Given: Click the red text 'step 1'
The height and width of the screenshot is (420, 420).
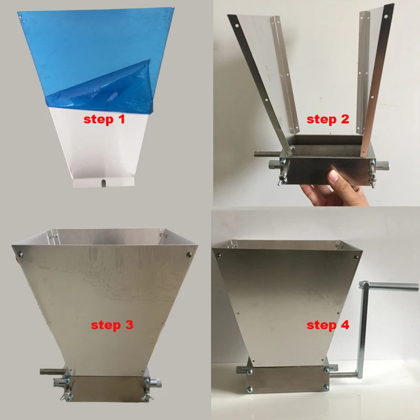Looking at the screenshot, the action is [x=104, y=119].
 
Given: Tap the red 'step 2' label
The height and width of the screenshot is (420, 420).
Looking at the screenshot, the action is [x=328, y=119].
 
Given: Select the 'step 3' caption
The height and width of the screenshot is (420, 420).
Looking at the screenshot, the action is [x=112, y=325].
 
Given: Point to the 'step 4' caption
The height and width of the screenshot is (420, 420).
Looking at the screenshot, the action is [x=328, y=325].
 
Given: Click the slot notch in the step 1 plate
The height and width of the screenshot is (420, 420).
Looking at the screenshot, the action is [x=103, y=183].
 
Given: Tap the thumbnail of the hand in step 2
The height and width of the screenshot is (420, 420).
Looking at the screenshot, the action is [x=333, y=177].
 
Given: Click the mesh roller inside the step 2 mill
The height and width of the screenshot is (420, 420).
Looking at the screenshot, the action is [x=325, y=151].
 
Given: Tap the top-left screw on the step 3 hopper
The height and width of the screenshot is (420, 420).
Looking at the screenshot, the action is [x=19, y=255].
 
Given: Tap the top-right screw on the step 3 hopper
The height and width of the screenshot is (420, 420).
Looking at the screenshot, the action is [x=190, y=255].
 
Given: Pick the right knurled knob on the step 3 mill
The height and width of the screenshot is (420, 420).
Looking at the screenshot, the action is [x=156, y=384].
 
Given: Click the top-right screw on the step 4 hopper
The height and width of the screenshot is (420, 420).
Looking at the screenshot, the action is [x=356, y=258].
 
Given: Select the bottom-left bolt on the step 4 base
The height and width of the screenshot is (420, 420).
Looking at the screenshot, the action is [x=249, y=389].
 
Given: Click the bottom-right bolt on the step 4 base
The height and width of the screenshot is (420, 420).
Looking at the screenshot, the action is [x=326, y=387].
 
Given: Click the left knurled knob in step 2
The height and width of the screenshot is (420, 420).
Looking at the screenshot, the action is [x=274, y=164].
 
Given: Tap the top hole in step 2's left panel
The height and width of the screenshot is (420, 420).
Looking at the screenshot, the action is [x=237, y=26].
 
